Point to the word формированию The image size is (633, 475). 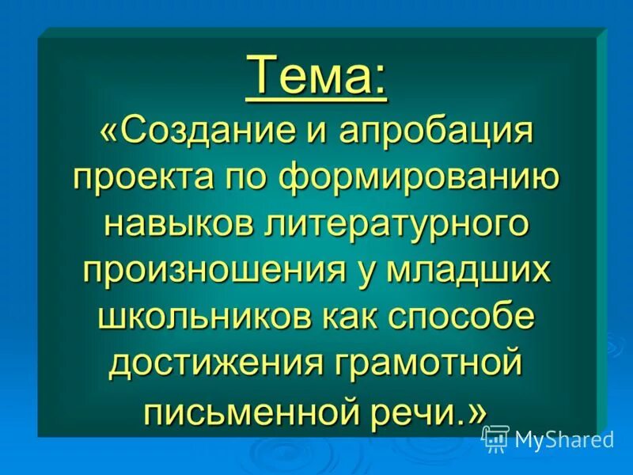click(419, 176)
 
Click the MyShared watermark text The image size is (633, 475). click(563, 439)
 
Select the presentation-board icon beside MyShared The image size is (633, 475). click(495, 439)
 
